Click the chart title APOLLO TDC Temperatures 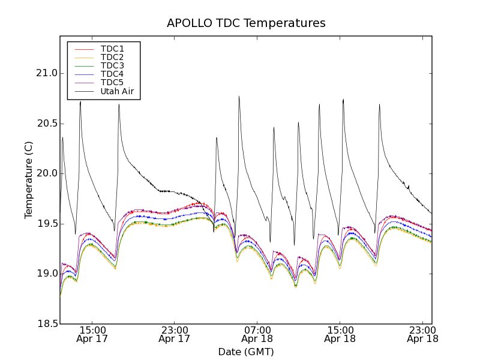tap(246, 23)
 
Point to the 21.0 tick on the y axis tap(46, 73)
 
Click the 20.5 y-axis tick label tap(46, 124)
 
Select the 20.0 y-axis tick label tap(46, 173)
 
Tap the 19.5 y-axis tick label tap(46, 224)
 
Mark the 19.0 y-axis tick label tap(46, 274)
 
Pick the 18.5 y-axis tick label tap(46, 324)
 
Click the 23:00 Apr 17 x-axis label tap(175, 334)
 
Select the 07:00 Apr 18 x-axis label tap(257, 334)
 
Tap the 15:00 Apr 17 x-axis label tap(92, 334)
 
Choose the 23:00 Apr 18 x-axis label tap(422, 334)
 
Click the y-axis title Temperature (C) tap(29, 180)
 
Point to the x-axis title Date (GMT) tap(246, 352)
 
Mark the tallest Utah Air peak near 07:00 tap(239, 97)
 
